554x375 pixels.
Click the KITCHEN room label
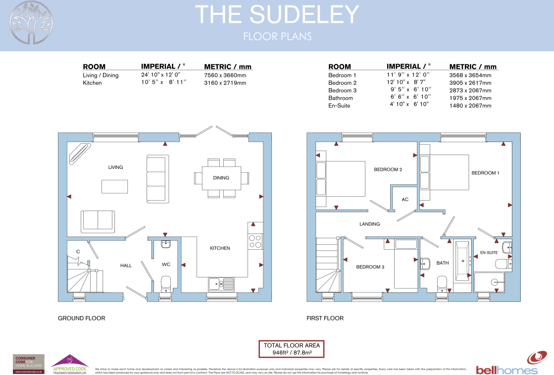pyautogui.click(x=220, y=248)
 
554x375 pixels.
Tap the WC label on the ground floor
pyautogui.click(x=166, y=265)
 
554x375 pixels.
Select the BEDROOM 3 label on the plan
pyautogui.click(x=370, y=267)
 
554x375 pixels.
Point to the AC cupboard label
pyautogui.click(x=405, y=200)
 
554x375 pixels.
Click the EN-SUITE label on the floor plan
pyautogui.click(x=489, y=253)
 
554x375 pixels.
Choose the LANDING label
pyautogui.click(x=369, y=224)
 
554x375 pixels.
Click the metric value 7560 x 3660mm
pyautogui.click(x=225, y=75)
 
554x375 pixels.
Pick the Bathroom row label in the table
pyautogui.click(x=341, y=98)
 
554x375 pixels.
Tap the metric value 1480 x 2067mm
pyautogui.click(x=470, y=106)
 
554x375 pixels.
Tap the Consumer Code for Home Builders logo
pyautogui.click(x=28, y=364)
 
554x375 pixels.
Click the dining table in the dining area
pyautogui.click(x=221, y=177)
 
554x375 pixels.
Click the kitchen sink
pyautogui.click(x=221, y=284)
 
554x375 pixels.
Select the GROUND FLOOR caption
pyautogui.click(x=81, y=318)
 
